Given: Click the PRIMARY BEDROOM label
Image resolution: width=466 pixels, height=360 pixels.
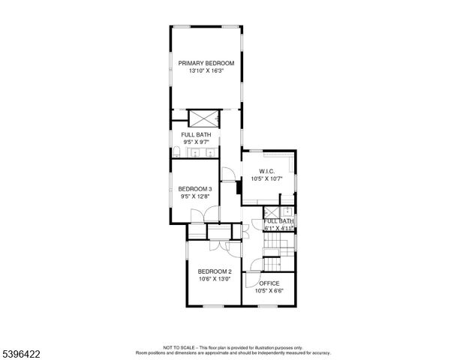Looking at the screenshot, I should coord(206,64).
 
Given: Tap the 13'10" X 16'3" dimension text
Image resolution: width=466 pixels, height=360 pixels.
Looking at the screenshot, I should coord(206,71).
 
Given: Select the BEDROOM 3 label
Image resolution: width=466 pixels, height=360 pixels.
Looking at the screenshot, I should coord(194,189).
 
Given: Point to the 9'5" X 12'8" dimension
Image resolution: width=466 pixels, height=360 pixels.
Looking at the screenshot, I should coord(194,196).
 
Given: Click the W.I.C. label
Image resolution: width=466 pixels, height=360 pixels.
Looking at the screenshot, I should coord(267,172).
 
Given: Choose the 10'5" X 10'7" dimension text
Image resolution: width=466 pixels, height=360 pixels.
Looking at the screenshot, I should coord(267,179).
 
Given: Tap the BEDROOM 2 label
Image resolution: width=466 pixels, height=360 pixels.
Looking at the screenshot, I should coord(214,271).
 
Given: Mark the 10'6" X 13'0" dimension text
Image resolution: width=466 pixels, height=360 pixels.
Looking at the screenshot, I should coord(214,279).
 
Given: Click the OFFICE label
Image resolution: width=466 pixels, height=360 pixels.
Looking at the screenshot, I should coord(269,283).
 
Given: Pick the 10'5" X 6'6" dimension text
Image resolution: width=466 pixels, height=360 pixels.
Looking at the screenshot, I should coord(269,291).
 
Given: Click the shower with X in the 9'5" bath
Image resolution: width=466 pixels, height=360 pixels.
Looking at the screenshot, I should coord(203,118).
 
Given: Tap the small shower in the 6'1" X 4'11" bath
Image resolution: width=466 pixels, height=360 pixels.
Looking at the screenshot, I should coord(270,212).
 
